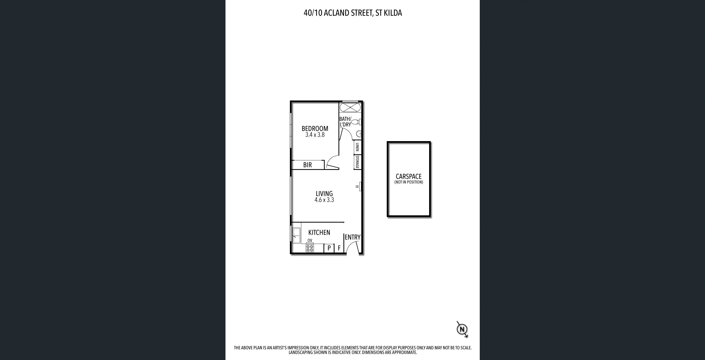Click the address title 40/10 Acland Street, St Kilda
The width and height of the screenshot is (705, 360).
[353, 13]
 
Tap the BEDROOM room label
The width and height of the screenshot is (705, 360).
[315, 128]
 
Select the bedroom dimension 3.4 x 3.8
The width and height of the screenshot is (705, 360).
[315, 135]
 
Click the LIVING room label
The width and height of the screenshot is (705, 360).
[324, 193]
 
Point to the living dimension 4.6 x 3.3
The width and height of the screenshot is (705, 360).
[324, 200]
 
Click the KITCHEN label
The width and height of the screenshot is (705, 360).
[319, 232]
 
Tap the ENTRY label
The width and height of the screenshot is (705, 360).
[353, 237]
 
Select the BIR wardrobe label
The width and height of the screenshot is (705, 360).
[307, 165]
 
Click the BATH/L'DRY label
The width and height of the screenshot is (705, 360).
[345, 121]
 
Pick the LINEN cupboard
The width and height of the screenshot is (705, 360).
[357, 147]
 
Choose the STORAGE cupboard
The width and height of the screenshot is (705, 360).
[357, 162]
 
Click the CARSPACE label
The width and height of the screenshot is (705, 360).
[409, 177]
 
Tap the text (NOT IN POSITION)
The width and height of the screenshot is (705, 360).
[409, 182]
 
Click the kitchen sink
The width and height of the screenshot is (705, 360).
[296, 235]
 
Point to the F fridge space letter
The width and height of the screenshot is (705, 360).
[339, 248]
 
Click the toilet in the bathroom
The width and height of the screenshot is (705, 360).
[356, 122]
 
